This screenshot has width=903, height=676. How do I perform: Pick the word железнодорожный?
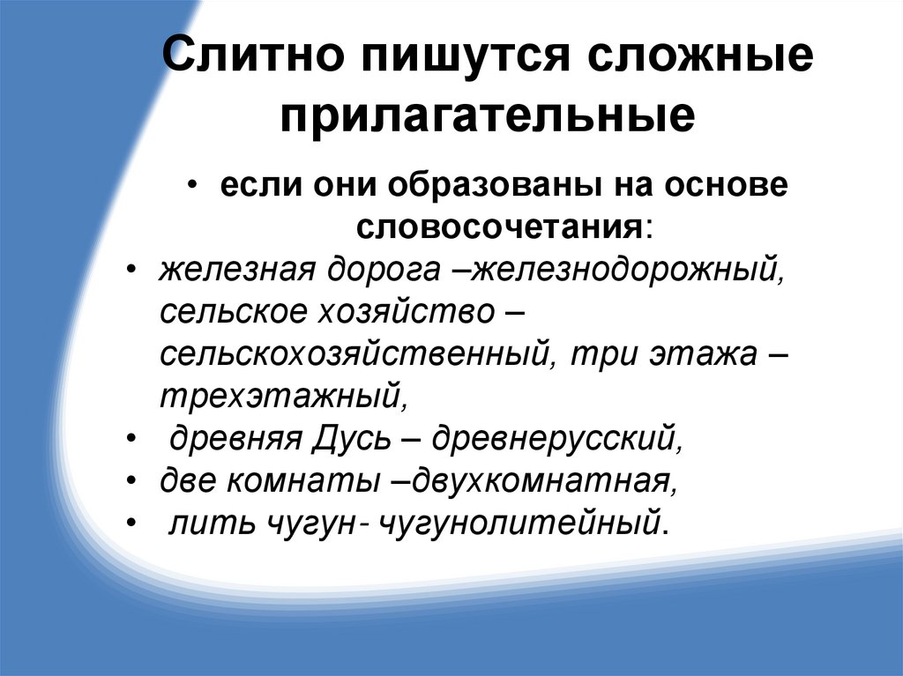(627, 267)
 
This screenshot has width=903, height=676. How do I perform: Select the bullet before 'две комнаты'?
(131, 481)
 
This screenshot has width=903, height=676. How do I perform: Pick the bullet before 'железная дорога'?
(131, 267)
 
